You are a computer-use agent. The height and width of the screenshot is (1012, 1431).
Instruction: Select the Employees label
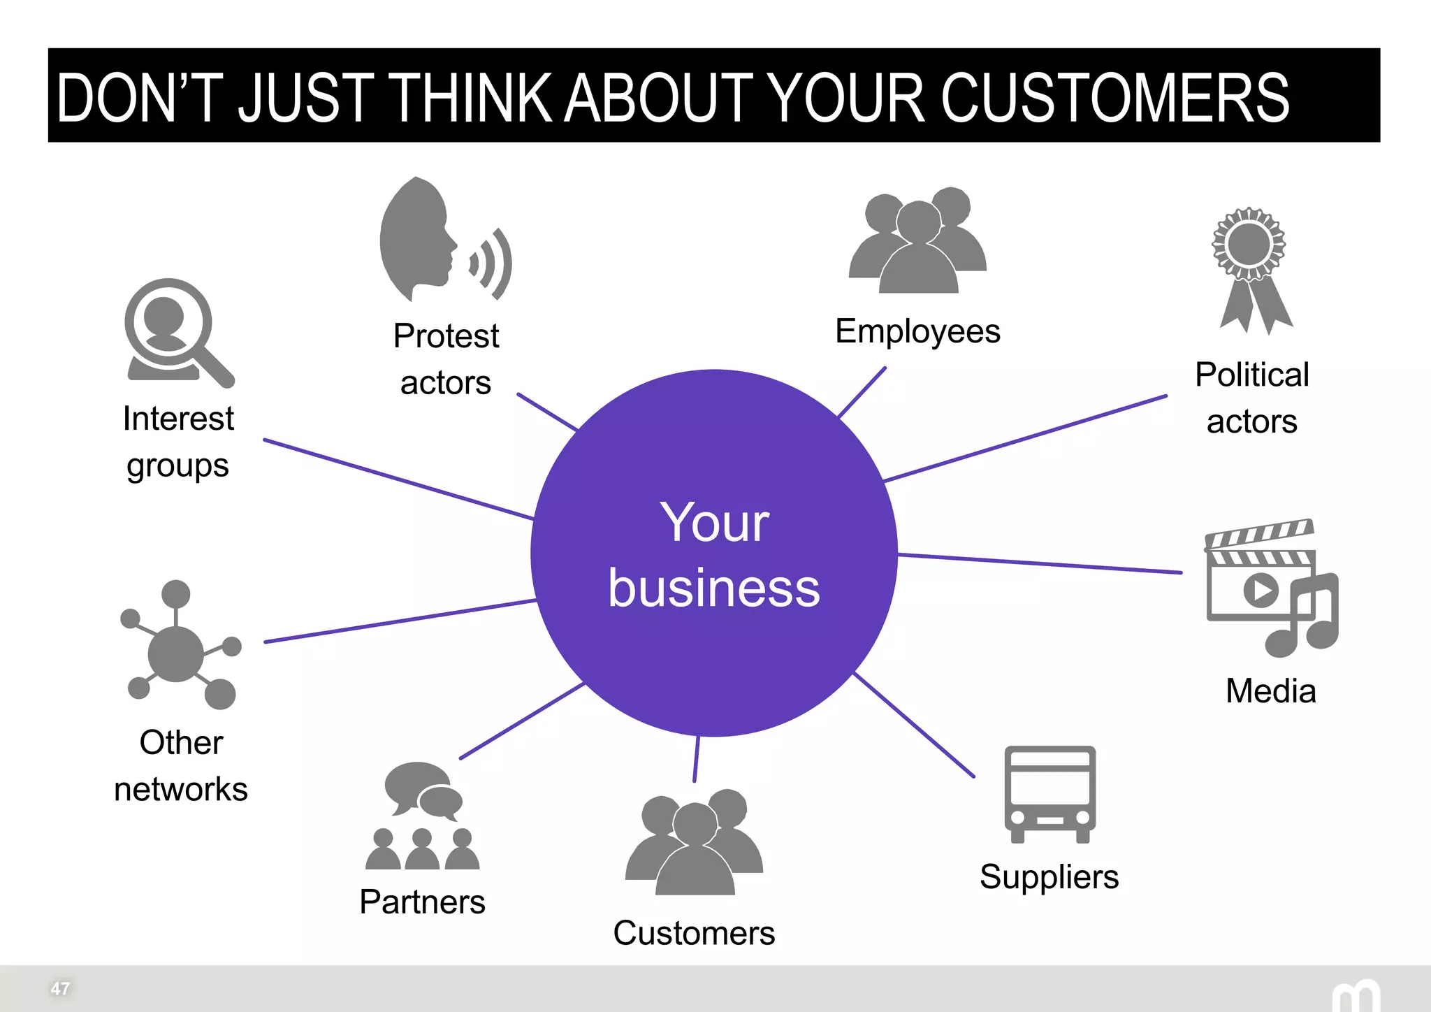pyautogui.click(x=917, y=332)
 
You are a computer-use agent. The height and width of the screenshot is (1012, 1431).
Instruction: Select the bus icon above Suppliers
pyautogui.click(x=1049, y=793)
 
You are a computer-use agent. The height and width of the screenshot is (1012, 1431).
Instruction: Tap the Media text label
pyautogui.click(x=1270, y=691)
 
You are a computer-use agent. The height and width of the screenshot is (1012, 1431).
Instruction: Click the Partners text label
pyautogui.click(x=422, y=902)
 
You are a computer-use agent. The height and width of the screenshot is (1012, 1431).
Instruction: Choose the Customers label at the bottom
pyautogui.click(x=694, y=933)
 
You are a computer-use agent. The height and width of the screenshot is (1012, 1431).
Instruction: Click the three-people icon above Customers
pyautogui.click(x=694, y=842)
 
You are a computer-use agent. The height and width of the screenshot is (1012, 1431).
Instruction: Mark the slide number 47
pyautogui.click(x=60, y=988)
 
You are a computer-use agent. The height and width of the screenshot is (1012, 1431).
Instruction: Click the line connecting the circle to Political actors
pyautogui.click(x=1026, y=439)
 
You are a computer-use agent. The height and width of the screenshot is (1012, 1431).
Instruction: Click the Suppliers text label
pyautogui.click(x=1049, y=877)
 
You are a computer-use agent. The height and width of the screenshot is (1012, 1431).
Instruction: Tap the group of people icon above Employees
pyautogui.click(x=917, y=241)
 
